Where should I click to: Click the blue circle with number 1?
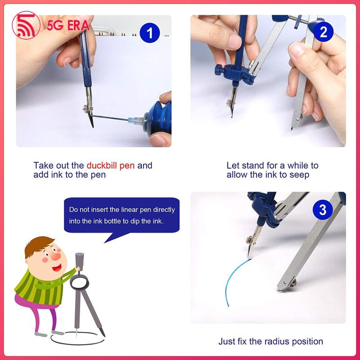coord(150,32)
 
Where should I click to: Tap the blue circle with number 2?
coord(323,31)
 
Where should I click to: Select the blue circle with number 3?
coord(323,209)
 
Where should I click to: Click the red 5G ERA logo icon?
coord(26,25)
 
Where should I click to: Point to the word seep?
coord(299,175)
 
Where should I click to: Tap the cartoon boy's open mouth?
coord(57,267)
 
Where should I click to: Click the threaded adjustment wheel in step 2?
coord(298,22)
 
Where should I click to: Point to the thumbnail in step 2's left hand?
coord(234,42)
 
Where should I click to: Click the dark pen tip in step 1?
coord(91,121)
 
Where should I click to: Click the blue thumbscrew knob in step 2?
coord(218,70)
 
